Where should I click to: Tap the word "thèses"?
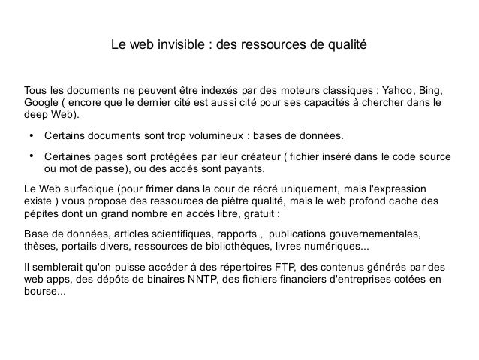pyautogui.click(x=41, y=248)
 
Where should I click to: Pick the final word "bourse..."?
pyautogui.click(x=45, y=294)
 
